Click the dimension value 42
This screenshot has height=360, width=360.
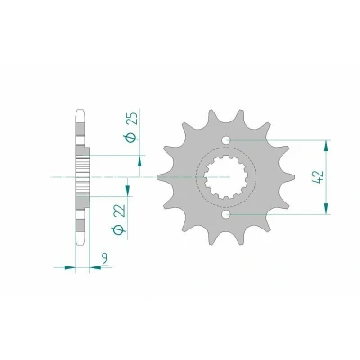(319, 177)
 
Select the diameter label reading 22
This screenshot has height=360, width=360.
(120, 211)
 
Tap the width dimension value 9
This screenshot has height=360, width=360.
(104, 258)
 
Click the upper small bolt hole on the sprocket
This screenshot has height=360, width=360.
(226, 139)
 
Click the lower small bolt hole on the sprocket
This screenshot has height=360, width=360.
(226, 214)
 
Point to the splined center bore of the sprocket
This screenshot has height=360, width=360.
(226, 177)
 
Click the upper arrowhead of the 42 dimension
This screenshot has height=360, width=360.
(326, 146)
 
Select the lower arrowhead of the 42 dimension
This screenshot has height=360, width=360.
(326, 208)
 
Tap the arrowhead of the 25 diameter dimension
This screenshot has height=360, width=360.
(139, 160)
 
